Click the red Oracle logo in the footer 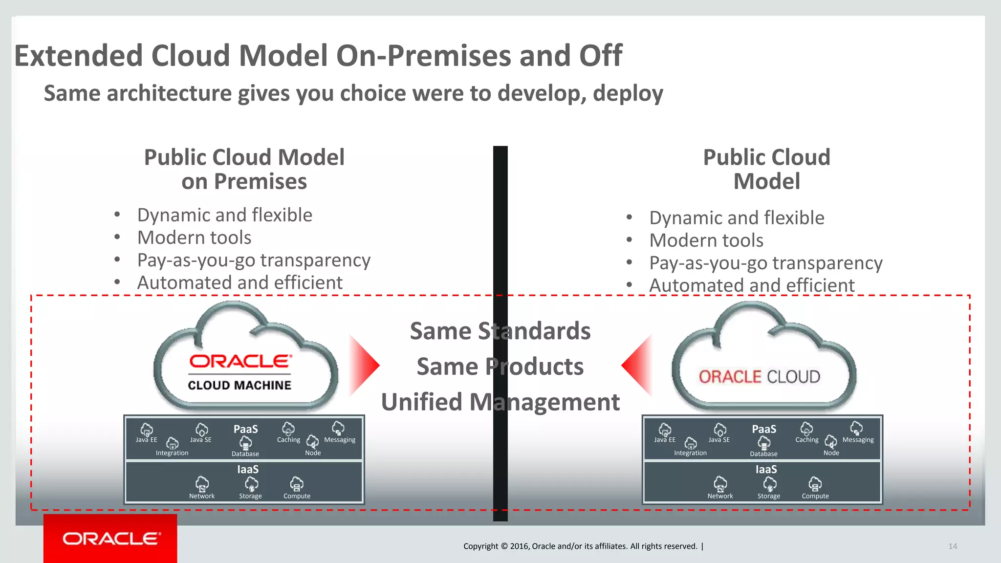(110, 539)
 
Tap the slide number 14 (953, 546)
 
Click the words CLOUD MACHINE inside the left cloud (239, 385)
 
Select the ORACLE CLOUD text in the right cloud (759, 377)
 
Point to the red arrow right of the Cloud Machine (365, 365)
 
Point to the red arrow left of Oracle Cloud (637, 365)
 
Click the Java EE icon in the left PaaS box (147, 430)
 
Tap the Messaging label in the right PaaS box (858, 440)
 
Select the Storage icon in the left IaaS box (251, 484)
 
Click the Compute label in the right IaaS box (815, 496)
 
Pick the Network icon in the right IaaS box (720, 484)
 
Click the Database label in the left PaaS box (245, 454)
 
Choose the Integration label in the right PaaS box (690, 453)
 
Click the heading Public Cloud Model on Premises (244, 169)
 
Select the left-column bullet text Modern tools (194, 238)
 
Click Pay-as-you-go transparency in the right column (765, 263)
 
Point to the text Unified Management (500, 402)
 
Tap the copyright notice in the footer (580, 546)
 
